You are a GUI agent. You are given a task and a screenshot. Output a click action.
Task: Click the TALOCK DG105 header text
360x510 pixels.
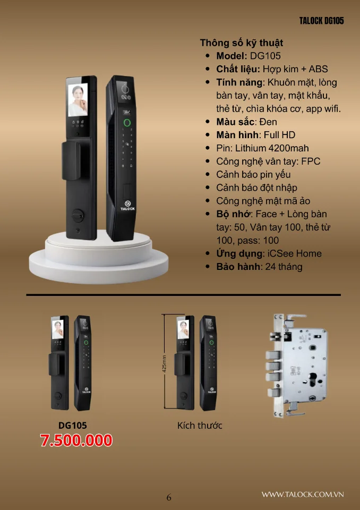[321, 21]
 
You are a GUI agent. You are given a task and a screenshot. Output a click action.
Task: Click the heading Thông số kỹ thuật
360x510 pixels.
[241, 43]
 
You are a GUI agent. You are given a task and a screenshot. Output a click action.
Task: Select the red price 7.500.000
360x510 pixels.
[76, 440]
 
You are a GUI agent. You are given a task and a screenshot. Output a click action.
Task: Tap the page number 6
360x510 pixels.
[169, 497]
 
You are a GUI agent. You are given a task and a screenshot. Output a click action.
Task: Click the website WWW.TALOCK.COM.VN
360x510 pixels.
[303, 495]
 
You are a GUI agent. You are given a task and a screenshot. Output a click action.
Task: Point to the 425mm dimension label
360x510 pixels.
[165, 363]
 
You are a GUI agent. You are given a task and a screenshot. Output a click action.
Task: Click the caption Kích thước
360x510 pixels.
[200, 426]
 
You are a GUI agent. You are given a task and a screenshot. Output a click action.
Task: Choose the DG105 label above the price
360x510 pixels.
[73, 426]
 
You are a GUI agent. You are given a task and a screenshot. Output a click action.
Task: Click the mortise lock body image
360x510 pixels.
[297, 366]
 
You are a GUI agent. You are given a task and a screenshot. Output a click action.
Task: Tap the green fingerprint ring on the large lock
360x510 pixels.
[127, 123]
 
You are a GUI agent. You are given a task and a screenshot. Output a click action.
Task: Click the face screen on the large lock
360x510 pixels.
[78, 100]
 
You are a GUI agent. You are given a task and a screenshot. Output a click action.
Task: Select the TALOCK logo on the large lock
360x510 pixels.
[127, 206]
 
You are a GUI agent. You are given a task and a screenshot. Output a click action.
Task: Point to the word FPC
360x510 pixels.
[311, 161]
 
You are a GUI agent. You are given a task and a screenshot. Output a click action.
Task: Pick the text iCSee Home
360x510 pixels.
[295, 254]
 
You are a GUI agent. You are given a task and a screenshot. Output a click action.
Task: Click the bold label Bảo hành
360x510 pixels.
[238, 267]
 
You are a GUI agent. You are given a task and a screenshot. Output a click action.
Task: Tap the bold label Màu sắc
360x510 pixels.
[235, 122]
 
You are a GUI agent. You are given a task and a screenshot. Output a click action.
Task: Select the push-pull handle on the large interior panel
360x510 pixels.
[71, 160]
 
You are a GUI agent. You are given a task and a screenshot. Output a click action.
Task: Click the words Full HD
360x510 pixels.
[279, 135]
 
